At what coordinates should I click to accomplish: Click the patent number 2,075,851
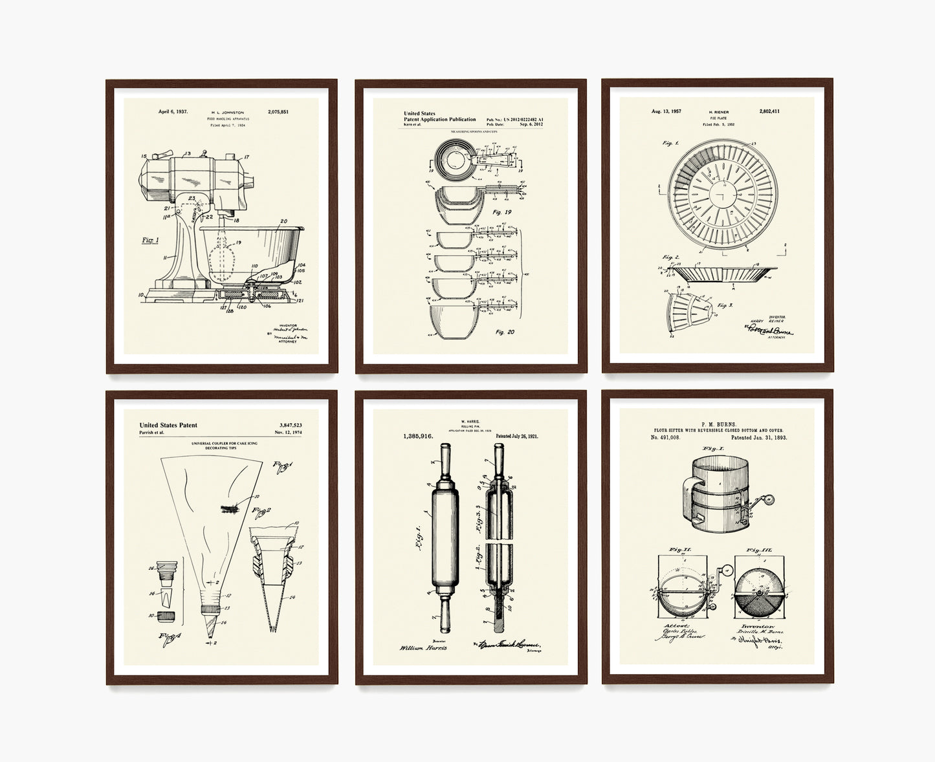tap(278, 112)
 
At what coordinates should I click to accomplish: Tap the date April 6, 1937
tap(173, 112)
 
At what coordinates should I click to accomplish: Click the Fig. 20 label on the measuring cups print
tap(505, 332)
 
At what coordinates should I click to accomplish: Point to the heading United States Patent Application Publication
tap(439, 116)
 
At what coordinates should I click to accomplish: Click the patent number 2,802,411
tap(769, 111)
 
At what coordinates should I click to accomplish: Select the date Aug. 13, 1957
tap(666, 111)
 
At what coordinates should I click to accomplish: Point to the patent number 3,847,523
tap(290, 425)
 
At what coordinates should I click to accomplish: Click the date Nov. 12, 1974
tap(288, 432)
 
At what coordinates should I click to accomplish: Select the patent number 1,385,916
tap(418, 437)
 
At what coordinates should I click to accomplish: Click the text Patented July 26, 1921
tap(517, 437)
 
